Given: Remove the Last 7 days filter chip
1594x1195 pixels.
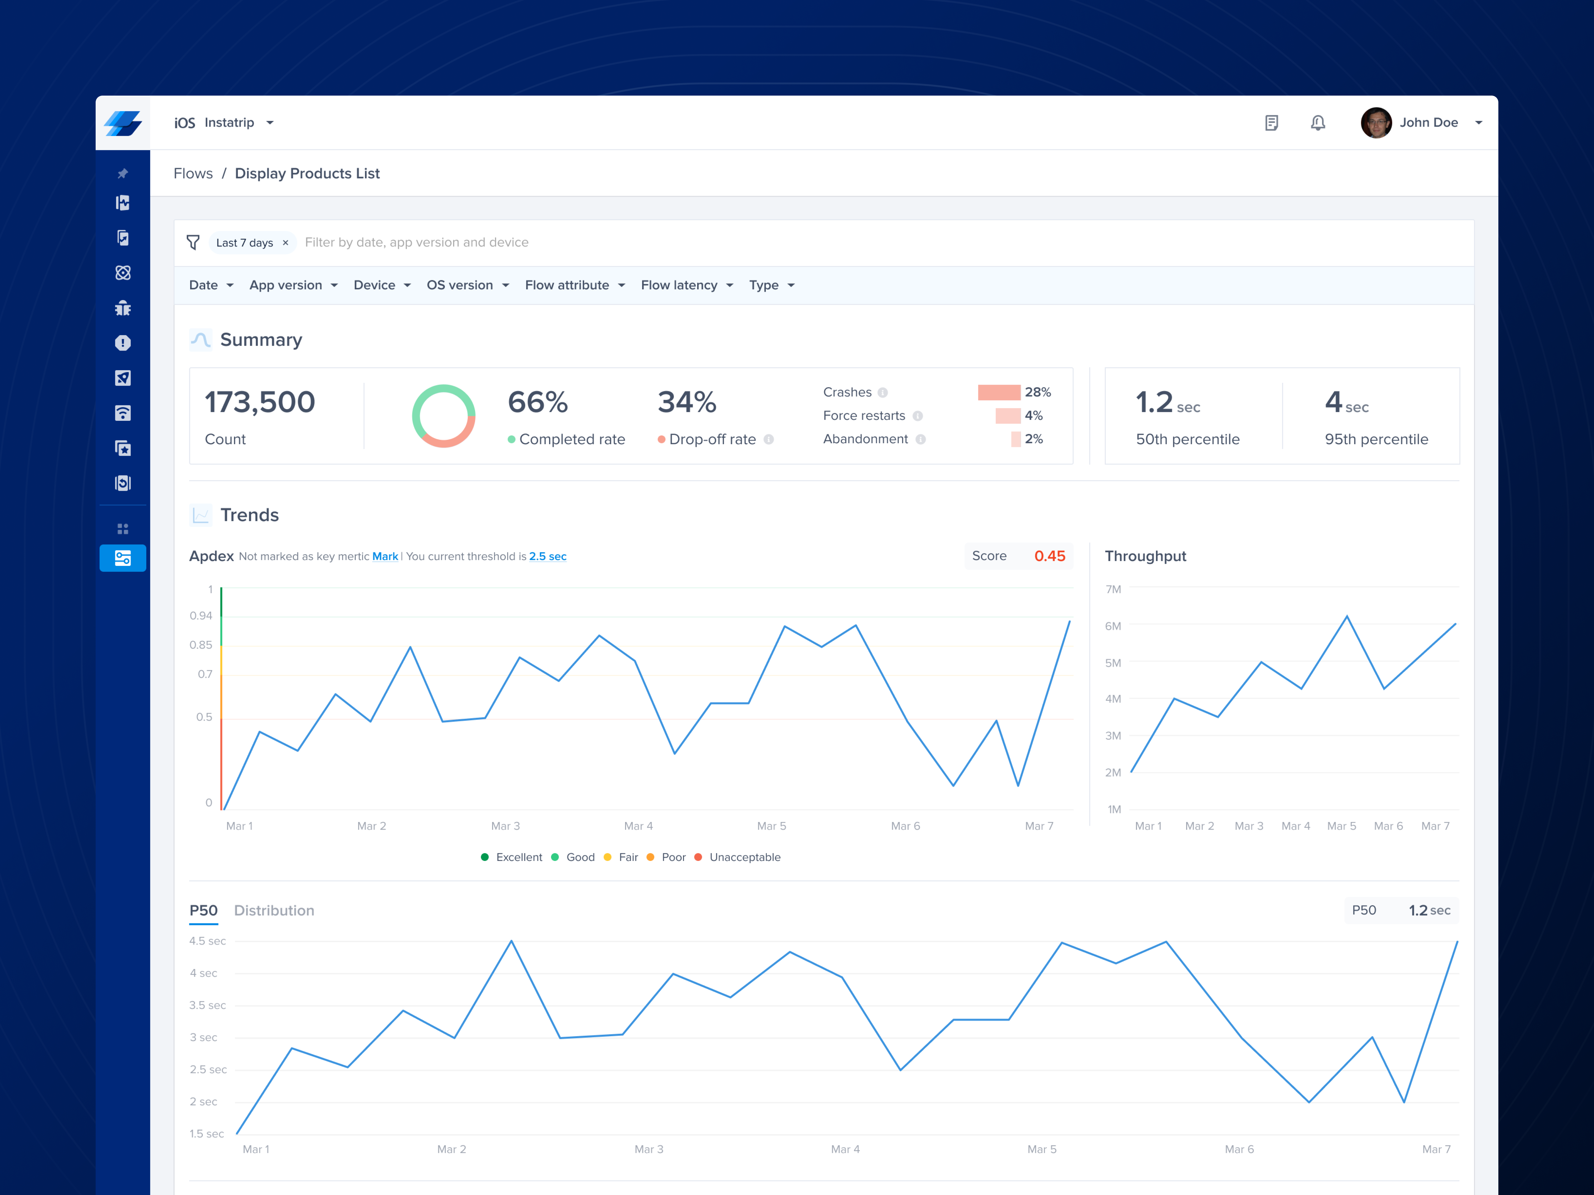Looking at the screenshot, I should click(285, 243).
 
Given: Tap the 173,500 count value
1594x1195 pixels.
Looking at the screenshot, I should click(259, 402).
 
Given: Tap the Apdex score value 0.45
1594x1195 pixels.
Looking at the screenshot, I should click(1049, 556).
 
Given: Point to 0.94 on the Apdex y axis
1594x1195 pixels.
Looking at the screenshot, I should click(201, 616).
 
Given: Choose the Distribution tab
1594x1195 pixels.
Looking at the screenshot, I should click(274, 910).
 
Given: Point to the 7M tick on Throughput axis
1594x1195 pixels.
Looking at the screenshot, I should click(1113, 589).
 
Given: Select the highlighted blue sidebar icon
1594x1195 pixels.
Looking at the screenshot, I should click(122, 558).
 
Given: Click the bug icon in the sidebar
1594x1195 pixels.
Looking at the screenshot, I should click(122, 308).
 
